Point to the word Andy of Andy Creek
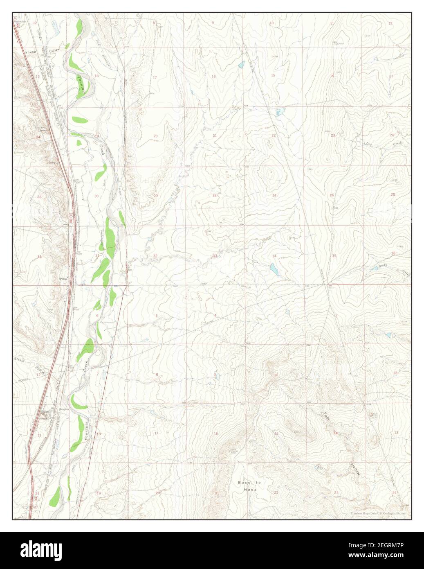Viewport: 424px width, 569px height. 383,266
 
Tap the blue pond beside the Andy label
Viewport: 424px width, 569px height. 373,269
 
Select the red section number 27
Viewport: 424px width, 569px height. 274,195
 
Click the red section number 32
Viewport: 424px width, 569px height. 155,256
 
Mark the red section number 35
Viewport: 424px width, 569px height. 334,256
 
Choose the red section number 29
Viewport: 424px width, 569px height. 155,196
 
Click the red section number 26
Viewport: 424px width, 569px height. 332,195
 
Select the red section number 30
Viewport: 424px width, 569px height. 96,196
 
